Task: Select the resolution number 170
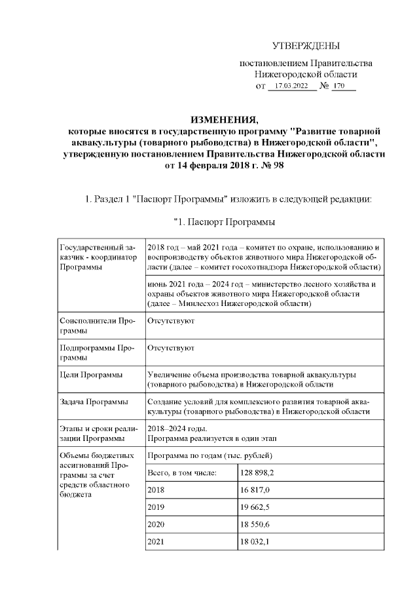(339, 86)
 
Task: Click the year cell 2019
(157, 507)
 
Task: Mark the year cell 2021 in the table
(157, 542)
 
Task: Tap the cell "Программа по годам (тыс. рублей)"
(210, 455)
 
